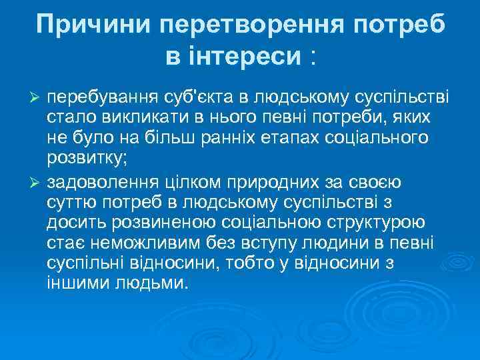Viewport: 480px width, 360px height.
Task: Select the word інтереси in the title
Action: pos(233,56)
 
